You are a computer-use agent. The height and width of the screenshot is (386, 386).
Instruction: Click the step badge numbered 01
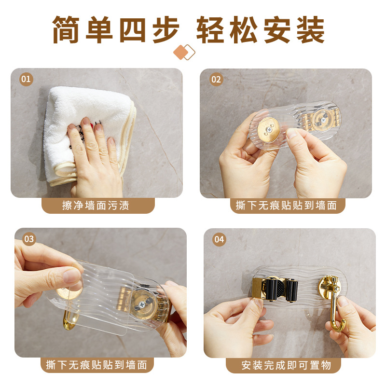point(26,79)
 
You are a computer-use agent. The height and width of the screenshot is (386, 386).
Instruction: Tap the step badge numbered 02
point(216,79)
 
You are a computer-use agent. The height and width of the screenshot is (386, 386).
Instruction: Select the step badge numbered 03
point(29,239)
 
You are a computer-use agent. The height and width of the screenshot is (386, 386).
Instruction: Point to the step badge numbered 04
point(220,239)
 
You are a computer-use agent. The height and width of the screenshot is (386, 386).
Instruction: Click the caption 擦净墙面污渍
point(96,206)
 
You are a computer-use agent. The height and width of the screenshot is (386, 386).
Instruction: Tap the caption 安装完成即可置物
point(286,365)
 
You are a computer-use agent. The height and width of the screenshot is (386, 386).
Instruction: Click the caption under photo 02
point(286,206)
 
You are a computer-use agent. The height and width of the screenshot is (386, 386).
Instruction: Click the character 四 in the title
point(132,30)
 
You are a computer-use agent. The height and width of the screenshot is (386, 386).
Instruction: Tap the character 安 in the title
point(277,30)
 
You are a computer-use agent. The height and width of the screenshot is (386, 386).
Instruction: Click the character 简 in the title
point(66,30)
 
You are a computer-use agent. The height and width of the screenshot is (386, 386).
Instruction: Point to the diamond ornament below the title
point(184,52)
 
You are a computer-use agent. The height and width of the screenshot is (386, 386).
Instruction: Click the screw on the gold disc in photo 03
point(141,304)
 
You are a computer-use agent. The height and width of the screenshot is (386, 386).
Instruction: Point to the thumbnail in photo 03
point(71,276)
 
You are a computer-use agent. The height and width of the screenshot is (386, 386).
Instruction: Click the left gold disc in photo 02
point(269,129)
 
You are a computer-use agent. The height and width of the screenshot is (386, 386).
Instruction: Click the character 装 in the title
point(310,30)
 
